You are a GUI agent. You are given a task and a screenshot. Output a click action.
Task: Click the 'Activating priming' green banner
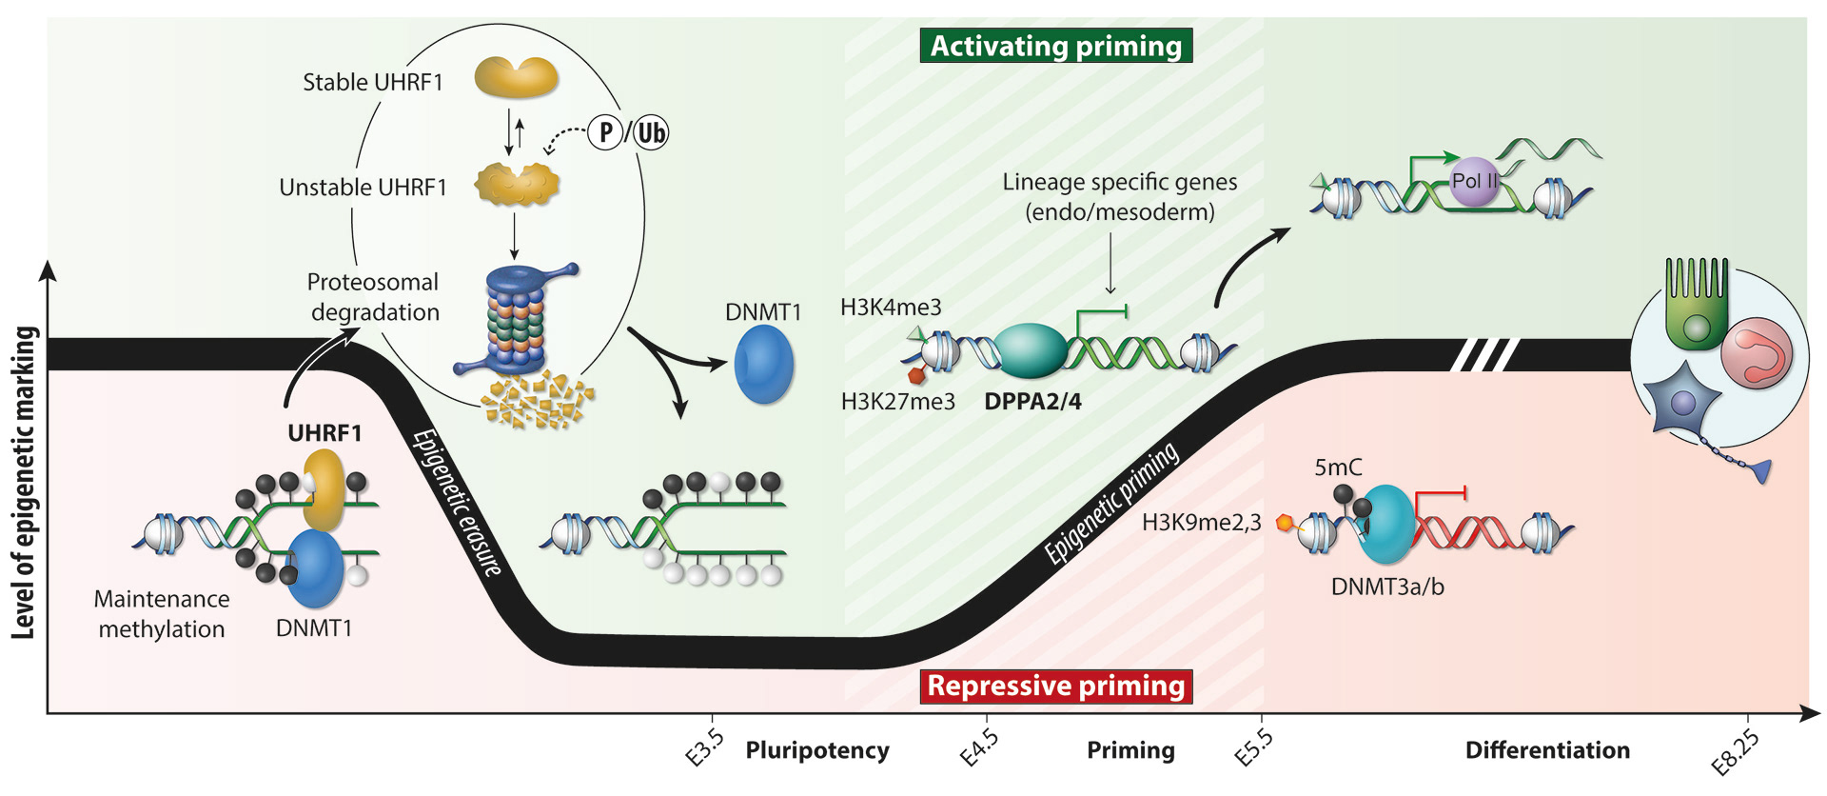point(1055,46)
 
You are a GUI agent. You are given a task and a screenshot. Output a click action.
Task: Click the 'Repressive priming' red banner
point(1055,686)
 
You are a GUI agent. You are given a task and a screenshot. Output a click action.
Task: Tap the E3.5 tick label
point(705,748)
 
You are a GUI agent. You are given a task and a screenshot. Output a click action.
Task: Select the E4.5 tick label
point(979,748)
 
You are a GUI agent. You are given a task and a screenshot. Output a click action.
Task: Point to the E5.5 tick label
point(1254,748)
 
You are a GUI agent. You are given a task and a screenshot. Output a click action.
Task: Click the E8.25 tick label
point(1735,752)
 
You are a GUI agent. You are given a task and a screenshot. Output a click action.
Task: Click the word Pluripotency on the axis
point(817,750)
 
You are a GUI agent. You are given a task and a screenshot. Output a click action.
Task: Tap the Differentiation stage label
point(1547,750)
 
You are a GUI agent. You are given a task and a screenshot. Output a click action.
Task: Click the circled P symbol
point(606,132)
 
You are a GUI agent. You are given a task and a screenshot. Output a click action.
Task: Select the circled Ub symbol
point(652,132)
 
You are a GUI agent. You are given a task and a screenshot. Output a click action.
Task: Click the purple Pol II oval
point(1474,182)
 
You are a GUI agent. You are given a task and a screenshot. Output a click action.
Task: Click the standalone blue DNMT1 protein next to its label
point(763,364)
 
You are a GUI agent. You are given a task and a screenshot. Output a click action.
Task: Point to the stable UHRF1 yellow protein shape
point(516,77)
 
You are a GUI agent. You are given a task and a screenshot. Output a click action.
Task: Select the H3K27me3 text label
point(897,402)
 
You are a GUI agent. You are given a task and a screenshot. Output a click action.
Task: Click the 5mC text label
point(1338,468)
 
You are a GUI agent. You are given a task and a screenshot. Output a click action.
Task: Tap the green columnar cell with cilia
point(1696,305)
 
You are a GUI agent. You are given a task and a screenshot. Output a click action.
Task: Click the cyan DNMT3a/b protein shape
point(1386,525)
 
